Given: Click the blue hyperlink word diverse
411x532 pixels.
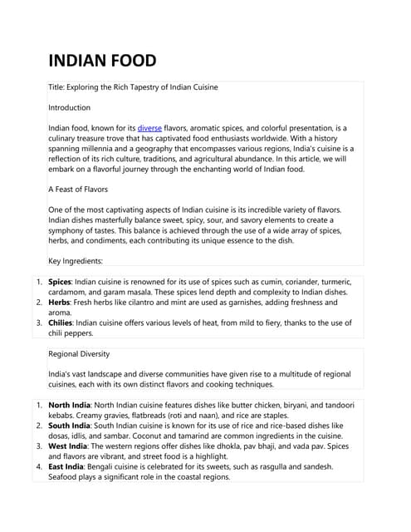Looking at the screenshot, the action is tap(149, 128).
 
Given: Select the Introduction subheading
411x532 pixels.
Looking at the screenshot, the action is tap(70, 108).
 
